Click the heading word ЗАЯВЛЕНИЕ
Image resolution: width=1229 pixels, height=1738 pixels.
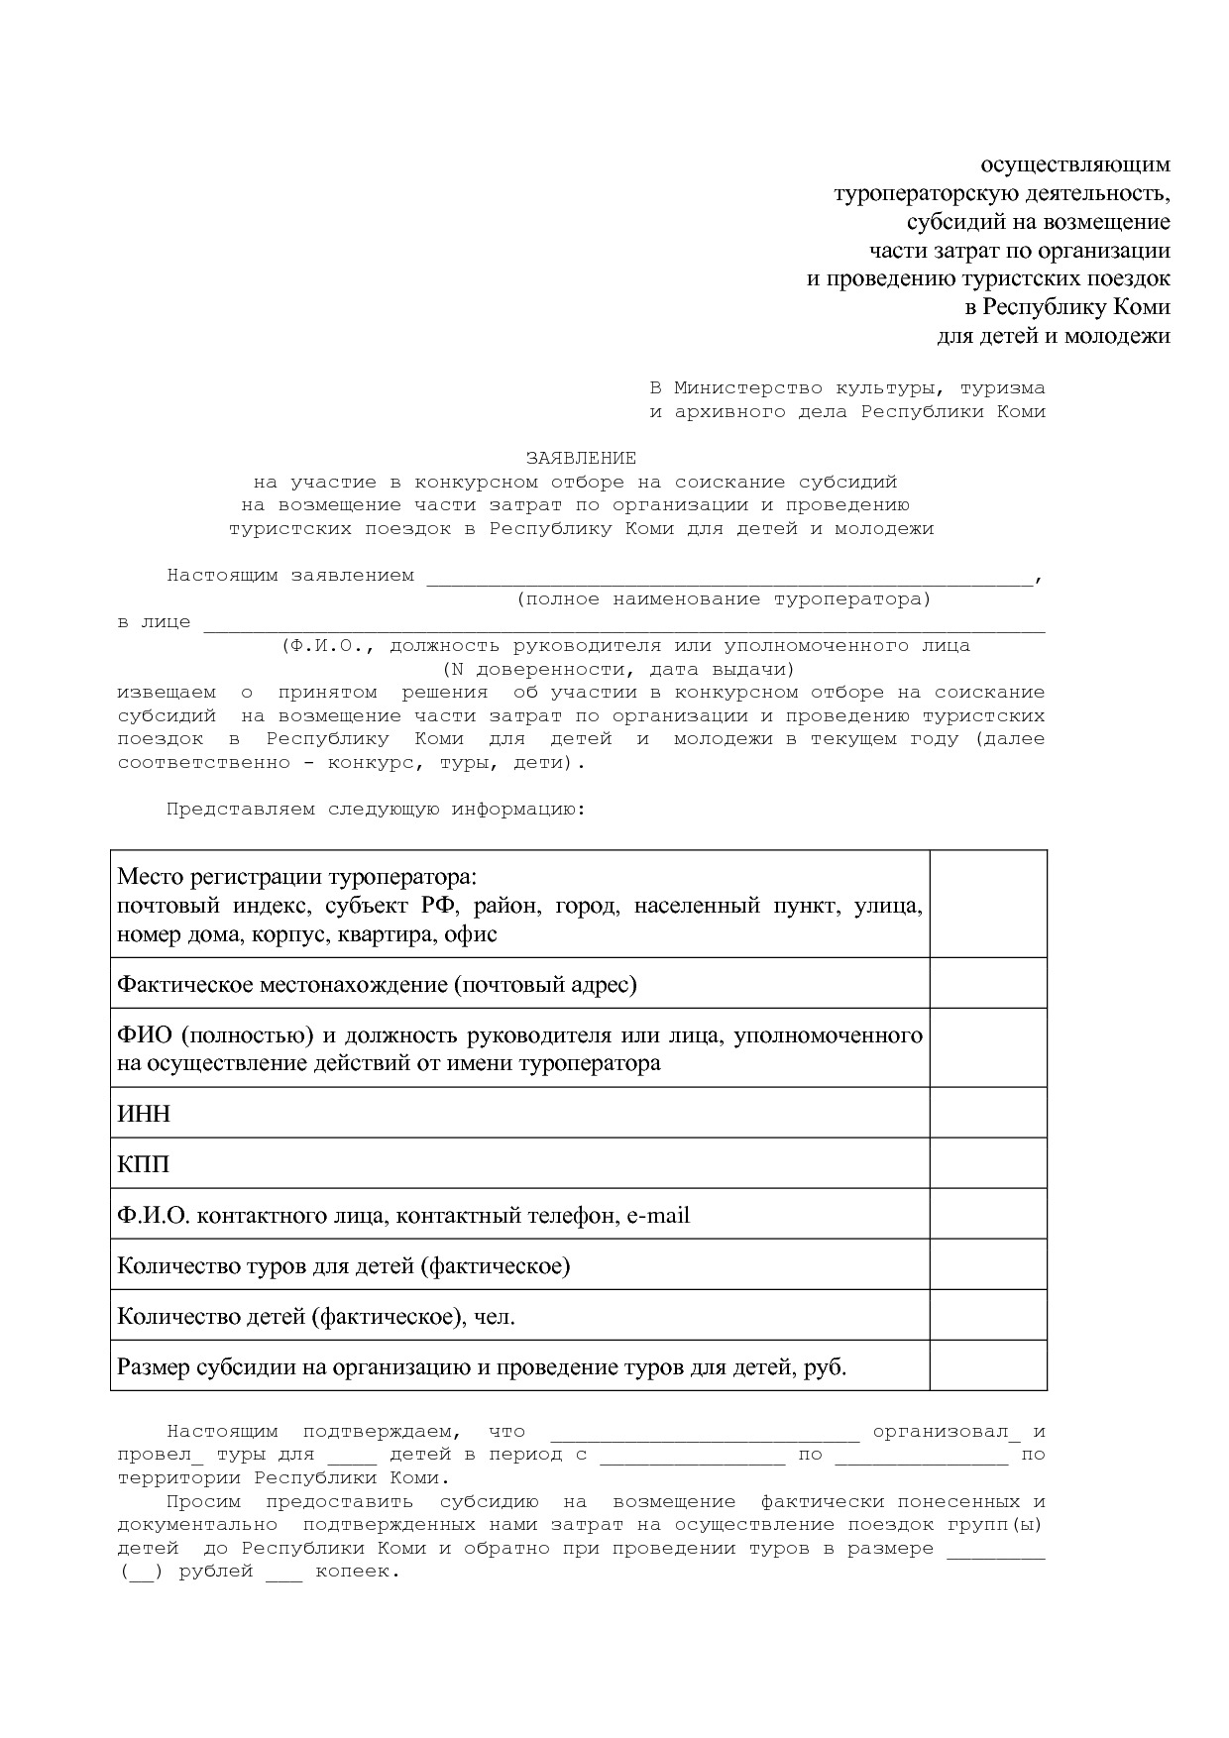point(581,458)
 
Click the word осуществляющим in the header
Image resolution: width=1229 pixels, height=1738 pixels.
point(1075,163)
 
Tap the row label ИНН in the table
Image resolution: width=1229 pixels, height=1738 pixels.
point(144,1114)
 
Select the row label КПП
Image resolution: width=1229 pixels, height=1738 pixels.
point(143,1164)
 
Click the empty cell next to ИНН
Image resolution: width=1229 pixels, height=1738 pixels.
point(987,1113)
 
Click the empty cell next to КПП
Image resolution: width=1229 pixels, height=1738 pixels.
point(987,1163)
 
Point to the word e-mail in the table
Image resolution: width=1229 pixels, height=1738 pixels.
point(657,1215)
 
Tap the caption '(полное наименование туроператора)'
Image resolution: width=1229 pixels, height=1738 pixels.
point(724,598)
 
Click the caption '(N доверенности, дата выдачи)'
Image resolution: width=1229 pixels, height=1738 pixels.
point(618,669)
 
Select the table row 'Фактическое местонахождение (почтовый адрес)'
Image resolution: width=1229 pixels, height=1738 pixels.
point(377,984)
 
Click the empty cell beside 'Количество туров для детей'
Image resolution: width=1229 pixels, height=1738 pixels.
point(987,1264)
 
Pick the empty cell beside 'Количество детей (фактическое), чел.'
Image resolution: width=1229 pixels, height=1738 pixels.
point(987,1315)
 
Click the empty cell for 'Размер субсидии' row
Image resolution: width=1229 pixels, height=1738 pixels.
point(987,1366)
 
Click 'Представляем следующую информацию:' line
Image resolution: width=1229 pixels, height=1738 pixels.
point(376,809)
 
